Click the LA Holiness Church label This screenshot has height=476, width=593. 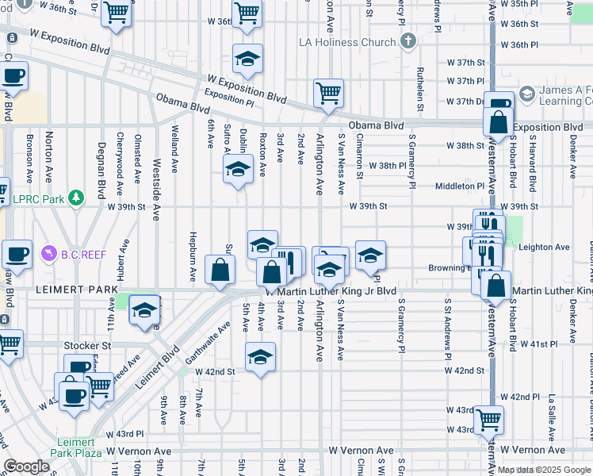coord(346,41)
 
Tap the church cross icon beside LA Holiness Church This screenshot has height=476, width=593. coord(407,41)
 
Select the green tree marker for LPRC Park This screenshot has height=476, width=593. coord(76,196)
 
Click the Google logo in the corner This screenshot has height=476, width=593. coord(27,466)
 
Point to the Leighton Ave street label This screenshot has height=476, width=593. coord(544,248)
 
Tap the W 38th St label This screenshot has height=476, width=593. coord(465,146)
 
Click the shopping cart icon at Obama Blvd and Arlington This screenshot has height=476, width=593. coord(328,93)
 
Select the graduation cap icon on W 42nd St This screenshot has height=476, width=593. coord(259,357)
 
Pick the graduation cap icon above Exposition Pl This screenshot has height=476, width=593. coord(247,58)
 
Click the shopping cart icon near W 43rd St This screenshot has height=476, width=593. coord(488,418)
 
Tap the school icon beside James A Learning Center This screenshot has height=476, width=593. coord(526,97)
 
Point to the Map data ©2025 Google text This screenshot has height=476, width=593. coord(543,470)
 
